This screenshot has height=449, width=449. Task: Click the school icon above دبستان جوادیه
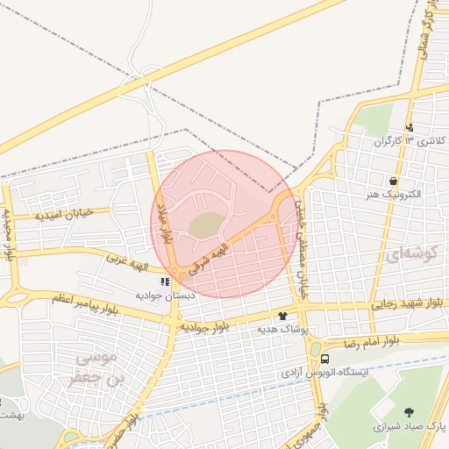[165, 282]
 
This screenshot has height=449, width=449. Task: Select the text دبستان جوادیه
[162, 296]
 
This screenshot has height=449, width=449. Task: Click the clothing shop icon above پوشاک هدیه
[282, 316]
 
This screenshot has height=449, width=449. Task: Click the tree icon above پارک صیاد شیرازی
[410, 412]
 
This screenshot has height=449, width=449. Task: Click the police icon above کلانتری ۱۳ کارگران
[410, 127]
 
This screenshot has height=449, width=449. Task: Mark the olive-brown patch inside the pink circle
[205, 225]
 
